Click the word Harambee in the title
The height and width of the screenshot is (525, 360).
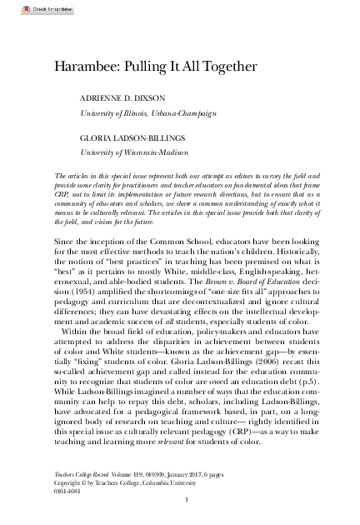[85, 64]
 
